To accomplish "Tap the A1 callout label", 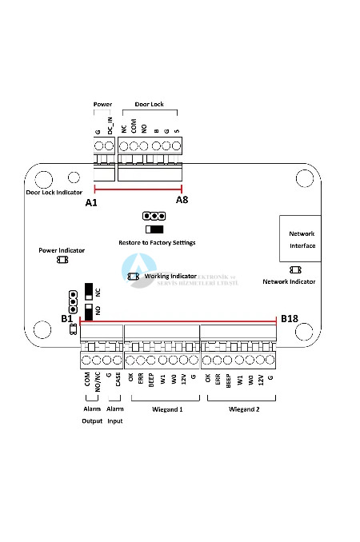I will point(90,203).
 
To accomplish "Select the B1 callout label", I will point(67,319).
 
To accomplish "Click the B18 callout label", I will point(290,319).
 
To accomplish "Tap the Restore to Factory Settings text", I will point(151,242).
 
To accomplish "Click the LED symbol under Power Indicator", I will point(62,260).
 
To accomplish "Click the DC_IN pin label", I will point(110,126).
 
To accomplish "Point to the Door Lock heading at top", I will point(148,104).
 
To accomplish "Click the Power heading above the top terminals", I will point(102,104).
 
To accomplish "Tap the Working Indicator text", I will point(170,275).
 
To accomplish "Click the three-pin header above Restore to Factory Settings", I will point(154,216).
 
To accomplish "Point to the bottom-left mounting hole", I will point(43,328).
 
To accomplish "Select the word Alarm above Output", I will point(91,409).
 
